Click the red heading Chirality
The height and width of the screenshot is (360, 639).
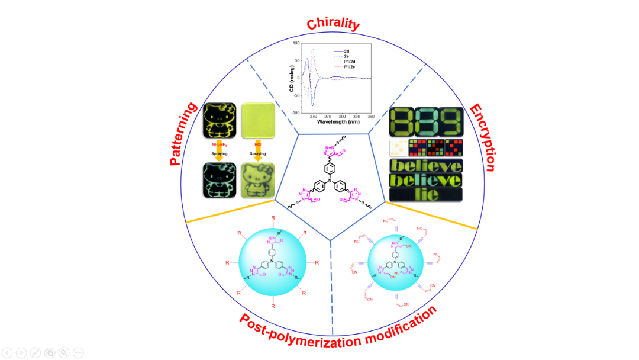333,24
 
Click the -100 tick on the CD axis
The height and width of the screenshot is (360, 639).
296,112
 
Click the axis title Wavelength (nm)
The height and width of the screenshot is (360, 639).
338,123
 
